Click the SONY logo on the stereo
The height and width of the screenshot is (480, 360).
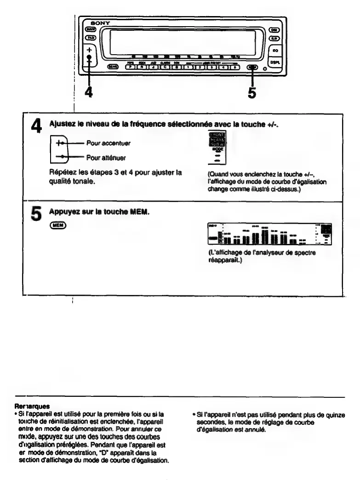pyautogui.click(x=98, y=22)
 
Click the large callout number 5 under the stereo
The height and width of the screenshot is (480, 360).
pyautogui.click(x=252, y=92)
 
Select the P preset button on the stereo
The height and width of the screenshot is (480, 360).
pyautogui.click(x=130, y=67)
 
